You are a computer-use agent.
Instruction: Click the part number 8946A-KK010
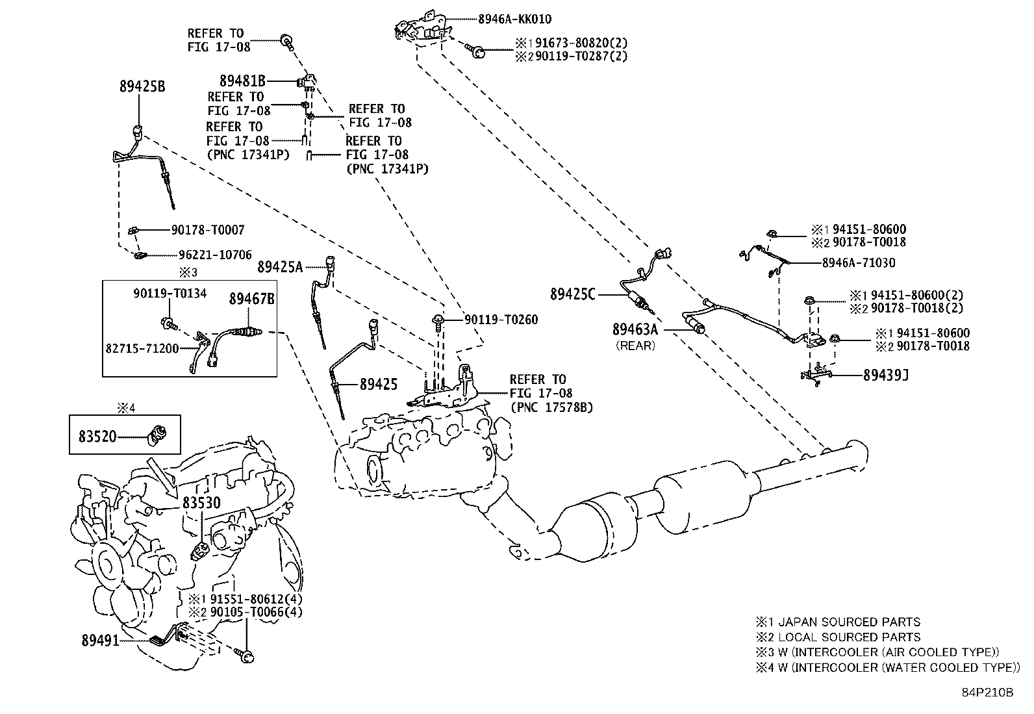click(514, 19)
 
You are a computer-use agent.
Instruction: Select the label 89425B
click(142, 86)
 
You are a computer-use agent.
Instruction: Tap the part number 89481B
click(242, 81)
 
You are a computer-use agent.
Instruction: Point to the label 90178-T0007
click(208, 229)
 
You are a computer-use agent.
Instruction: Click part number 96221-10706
click(215, 255)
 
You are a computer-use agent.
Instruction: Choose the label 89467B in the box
click(251, 299)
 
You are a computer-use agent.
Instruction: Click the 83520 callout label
click(97, 437)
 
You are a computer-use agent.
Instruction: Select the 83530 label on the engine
click(201, 502)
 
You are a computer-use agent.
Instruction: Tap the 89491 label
click(100, 641)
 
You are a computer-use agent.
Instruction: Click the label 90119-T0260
click(501, 320)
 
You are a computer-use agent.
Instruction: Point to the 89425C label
click(572, 294)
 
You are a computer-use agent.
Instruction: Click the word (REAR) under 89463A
click(636, 346)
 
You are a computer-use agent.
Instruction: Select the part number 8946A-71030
click(859, 262)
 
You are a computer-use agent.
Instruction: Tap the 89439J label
click(886, 375)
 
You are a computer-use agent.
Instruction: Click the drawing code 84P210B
click(987, 693)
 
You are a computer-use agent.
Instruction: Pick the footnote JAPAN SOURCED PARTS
click(849, 622)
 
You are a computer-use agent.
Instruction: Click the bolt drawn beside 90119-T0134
click(168, 323)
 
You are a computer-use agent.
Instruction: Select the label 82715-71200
click(142, 348)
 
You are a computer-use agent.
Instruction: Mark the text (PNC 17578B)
click(551, 407)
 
